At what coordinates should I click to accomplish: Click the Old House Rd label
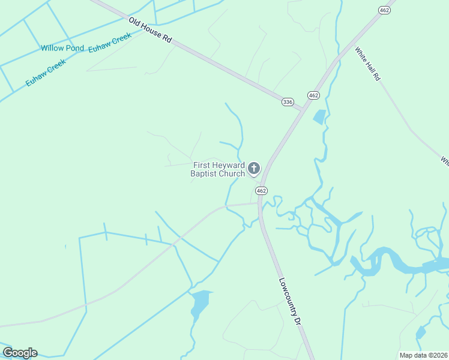150,29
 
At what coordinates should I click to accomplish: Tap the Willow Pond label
62,48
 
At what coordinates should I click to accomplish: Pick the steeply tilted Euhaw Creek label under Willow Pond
45,74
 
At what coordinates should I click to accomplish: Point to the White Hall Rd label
367,64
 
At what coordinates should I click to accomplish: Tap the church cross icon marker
254,169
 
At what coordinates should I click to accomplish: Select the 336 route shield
288,102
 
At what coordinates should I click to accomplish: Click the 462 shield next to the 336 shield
313,95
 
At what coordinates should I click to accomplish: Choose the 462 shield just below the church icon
261,190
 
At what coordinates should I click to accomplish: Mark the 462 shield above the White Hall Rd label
385,10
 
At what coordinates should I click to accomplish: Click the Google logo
20,353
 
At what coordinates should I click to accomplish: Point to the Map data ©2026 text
423,355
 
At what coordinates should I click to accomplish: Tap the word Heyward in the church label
229,166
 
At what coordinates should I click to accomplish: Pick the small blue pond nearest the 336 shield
319,117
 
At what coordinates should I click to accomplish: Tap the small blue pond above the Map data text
420,332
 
